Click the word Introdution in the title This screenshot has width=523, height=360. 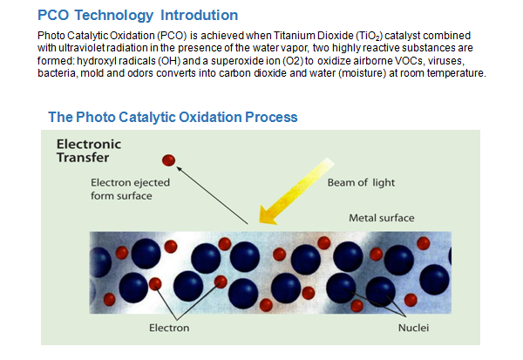coord(199,16)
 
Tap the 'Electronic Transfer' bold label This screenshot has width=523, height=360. coord(89,151)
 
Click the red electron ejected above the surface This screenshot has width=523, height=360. coord(168,160)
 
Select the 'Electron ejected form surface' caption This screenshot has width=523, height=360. coord(130,189)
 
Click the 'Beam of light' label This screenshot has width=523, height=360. coord(361,182)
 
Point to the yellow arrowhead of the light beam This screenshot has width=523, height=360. coord(268,216)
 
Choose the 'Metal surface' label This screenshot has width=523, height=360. coord(382,218)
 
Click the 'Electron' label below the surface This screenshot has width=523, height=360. coord(169,328)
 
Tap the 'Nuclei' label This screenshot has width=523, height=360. coord(413,328)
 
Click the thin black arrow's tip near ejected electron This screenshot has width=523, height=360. coord(177,167)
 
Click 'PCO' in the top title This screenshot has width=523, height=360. coord(53,16)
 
